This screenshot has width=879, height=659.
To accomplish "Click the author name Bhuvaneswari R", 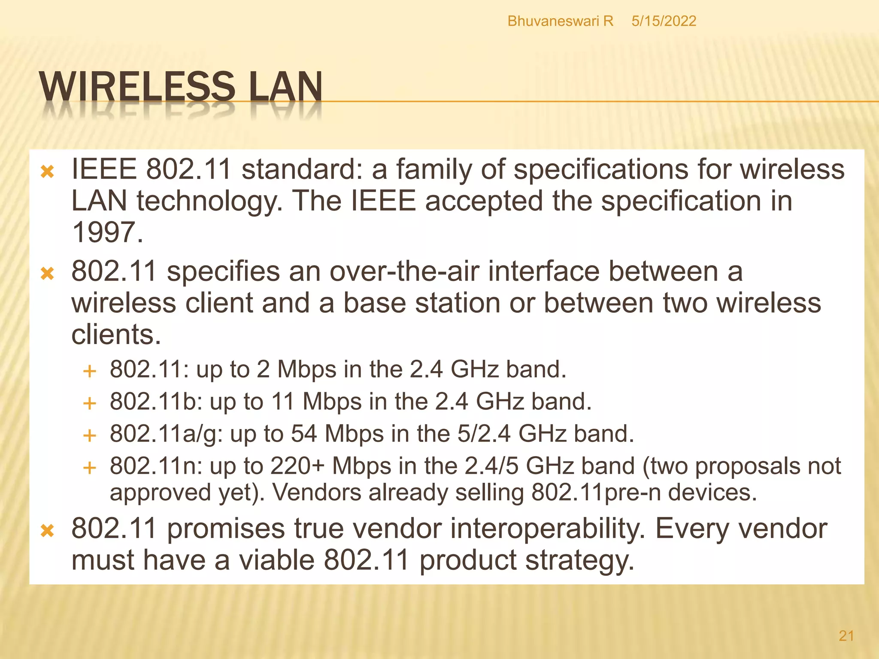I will tap(560, 21).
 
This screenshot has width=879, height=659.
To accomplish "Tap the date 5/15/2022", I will tap(664, 21).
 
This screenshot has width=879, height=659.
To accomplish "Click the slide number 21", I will tap(846, 635).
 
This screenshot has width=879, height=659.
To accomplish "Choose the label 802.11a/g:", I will tap(166, 434).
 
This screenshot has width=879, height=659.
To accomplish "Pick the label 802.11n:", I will tap(156, 466).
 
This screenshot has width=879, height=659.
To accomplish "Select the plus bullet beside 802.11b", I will tap(89, 404).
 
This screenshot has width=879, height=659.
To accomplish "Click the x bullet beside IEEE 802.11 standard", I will tap(47, 172).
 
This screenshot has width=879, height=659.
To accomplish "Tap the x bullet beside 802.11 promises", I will tap(47, 531).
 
